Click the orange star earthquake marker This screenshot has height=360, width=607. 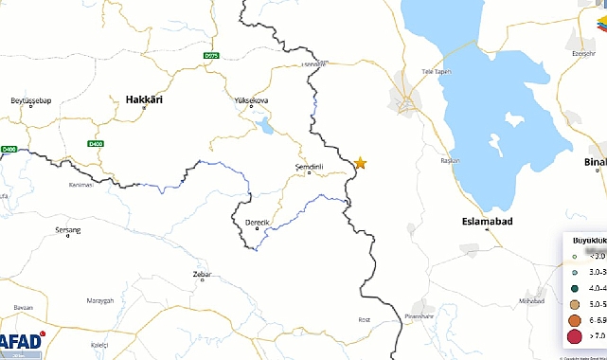click(361, 164)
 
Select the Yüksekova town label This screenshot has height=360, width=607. click(252, 99)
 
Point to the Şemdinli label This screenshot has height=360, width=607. click(310, 167)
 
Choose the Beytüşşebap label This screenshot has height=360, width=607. click(35, 99)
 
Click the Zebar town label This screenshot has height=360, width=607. click(202, 274)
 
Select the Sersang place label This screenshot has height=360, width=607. click(42, 230)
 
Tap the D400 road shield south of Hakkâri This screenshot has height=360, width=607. click(95, 144)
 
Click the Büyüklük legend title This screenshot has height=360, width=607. click(587, 242)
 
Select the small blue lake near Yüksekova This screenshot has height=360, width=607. click(266, 124)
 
